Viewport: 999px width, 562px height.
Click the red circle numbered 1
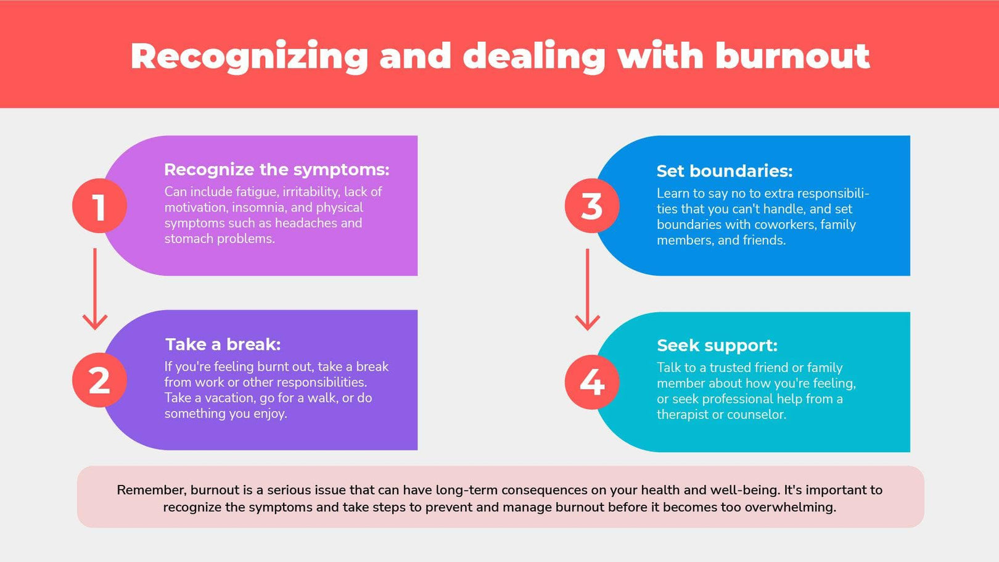pos(99,206)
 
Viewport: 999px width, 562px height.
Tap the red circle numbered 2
pos(99,380)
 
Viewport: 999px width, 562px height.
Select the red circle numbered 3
pos(591,206)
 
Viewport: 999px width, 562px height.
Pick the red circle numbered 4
pos(591,382)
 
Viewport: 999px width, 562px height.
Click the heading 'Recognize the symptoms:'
pos(276,170)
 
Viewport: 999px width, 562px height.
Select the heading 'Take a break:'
pos(223,344)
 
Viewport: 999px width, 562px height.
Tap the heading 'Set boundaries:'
pos(724,171)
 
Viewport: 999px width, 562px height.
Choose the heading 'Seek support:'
pos(717,345)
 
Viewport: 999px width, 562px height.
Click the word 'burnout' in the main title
pos(792,56)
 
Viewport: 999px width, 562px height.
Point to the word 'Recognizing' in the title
pos(249,56)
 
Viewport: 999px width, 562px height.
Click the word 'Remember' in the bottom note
pos(150,490)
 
